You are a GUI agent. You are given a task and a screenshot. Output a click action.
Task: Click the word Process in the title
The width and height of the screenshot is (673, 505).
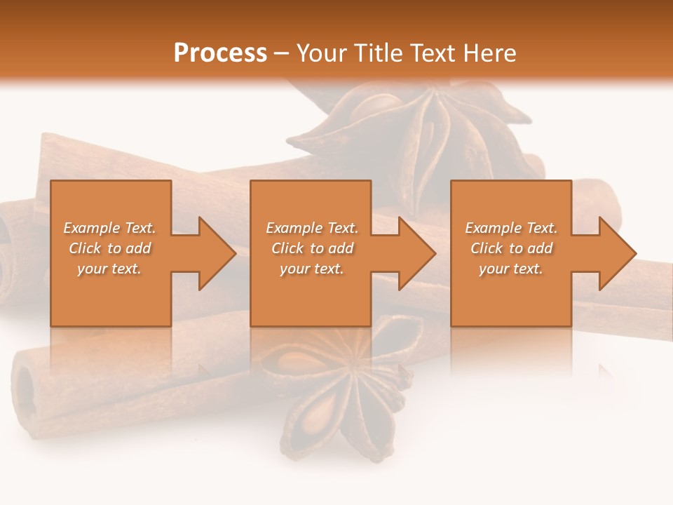[x=220, y=53]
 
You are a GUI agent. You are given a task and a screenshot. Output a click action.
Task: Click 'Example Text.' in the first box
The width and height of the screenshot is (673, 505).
[x=109, y=228]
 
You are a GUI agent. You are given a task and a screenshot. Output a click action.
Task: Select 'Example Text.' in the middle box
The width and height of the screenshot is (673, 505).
[x=311, y=228]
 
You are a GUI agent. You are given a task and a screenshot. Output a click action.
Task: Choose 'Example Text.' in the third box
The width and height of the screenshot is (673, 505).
[x=511, y=228]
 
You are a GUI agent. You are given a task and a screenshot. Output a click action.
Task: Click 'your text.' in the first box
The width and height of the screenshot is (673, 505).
[x=109, y=269]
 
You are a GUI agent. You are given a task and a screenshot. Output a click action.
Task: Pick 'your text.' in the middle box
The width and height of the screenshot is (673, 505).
[x=311, y=269]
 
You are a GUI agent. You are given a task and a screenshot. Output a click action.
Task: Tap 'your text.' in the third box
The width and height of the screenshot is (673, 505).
[x=511, y=269]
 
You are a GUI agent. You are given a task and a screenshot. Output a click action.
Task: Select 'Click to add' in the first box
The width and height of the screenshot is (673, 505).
[x=109, y=248]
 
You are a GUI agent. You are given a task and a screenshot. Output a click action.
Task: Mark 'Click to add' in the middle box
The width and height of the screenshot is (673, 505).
[x=311, y=248]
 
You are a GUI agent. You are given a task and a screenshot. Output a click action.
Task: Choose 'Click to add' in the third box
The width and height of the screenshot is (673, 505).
[x=511, y=248]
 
